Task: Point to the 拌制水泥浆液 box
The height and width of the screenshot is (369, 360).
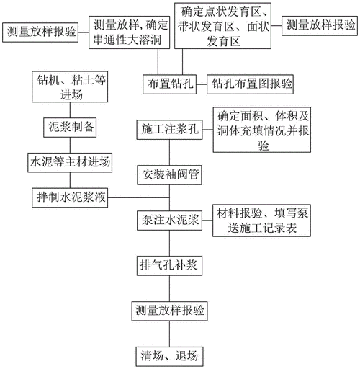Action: pos(70,197)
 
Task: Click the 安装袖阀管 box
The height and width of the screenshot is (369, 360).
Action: pos(169,174)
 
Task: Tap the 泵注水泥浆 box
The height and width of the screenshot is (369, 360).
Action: pos(169,219)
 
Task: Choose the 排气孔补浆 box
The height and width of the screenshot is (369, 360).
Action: pos(169,264)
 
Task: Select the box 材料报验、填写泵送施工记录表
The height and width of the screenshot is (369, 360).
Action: pos(263,221)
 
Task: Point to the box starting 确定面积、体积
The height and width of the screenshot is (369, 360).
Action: pos(263,131)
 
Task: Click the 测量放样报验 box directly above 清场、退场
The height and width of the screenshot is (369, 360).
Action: pos(169,311)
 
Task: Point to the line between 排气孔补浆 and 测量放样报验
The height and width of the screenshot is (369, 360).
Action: pos(169,288)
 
